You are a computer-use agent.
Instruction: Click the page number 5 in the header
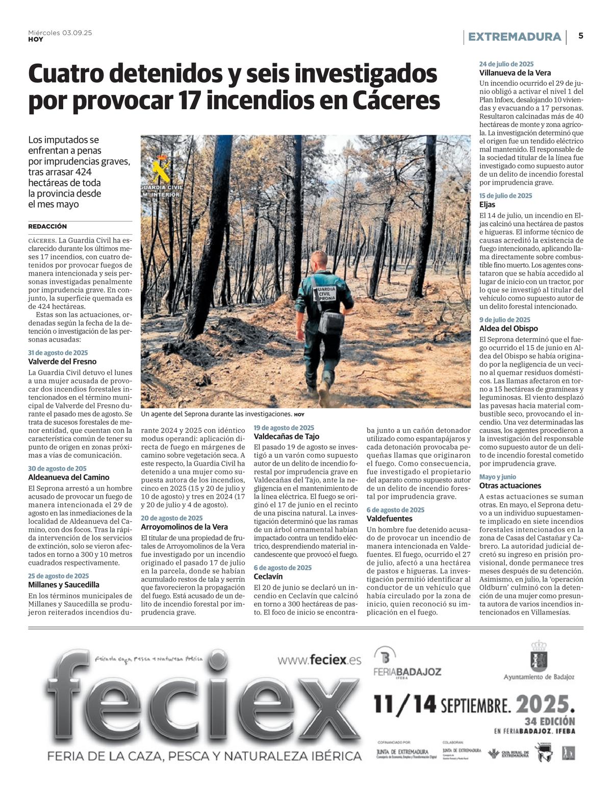tap(581, 36)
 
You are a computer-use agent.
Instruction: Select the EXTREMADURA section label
tap(514, 37)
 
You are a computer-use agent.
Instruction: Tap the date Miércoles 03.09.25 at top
tap(60, 33)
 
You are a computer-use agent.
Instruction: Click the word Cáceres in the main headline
tap(396, 100)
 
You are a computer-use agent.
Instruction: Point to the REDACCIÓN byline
tap(47, 226)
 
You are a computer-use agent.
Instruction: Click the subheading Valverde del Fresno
tap(62, 361)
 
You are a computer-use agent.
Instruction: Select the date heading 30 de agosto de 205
tap(57, 468)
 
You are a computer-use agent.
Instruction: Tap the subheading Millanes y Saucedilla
tap(64, 584)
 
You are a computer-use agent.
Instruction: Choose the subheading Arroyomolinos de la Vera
tap(184, 527)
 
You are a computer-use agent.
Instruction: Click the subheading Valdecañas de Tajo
tap(286, 436)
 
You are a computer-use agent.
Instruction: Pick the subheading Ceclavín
tap(268, 576)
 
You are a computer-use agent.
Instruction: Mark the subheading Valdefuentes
tap(390, 518)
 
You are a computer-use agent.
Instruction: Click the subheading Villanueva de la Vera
tap(515, 73)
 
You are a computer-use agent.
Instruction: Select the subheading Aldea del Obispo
tap(508, 328)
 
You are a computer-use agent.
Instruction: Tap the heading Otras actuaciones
tap(510, 485)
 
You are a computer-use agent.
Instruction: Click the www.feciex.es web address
tap(319, 660)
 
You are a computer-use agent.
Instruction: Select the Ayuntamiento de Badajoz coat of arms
tap(539, 656)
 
